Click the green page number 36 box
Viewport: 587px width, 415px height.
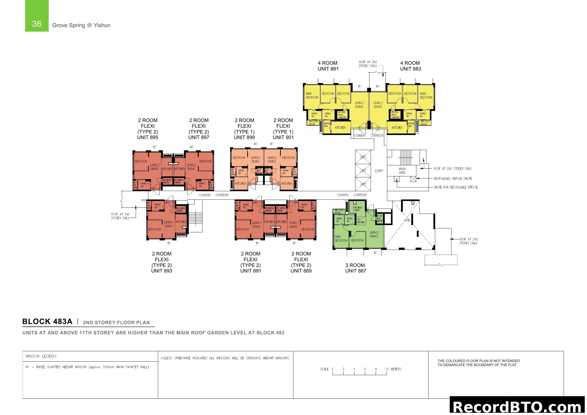point(37,16)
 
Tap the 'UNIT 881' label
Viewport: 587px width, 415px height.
point(328,69)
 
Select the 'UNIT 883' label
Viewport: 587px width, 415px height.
point(410,69)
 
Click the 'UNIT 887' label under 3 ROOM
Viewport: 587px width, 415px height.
point(356,271)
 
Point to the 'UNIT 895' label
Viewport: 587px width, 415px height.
point(148,137)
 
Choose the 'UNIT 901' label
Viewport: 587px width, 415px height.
point(283,137)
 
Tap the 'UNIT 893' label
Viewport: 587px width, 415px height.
point(162,271)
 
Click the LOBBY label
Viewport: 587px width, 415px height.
point(379,171)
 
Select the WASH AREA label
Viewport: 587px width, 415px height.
point(402,171)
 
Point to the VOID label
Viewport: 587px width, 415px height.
point(407,220)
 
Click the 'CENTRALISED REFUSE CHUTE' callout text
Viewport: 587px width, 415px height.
point(452,179)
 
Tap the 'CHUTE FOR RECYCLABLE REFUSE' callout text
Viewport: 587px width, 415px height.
point(455,187)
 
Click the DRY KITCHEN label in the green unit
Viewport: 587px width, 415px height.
point(361,221)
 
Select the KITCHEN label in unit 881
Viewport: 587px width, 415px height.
point(340,127)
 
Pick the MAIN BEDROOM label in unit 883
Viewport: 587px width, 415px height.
point(426,95)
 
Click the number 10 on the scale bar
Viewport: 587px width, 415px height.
point(386,369)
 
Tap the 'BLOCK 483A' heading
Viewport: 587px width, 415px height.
point(47,321)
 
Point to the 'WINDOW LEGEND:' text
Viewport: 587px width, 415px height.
point(41,356)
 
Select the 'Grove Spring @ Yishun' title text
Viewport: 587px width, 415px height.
point(81,25)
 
